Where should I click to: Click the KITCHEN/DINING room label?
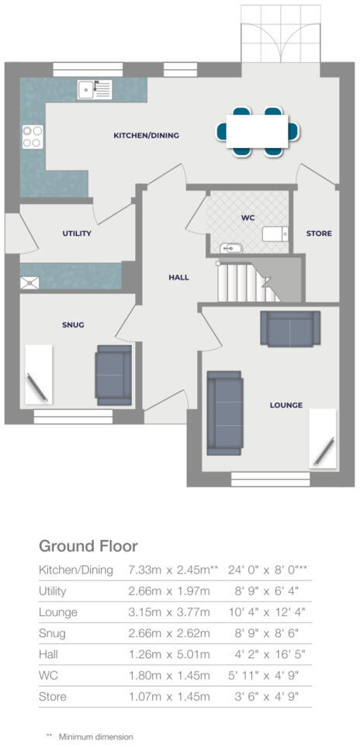coord(147,135)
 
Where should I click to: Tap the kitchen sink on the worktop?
coord(94,89)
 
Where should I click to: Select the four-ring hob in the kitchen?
coord(33,137)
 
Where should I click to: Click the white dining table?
coord(258,128)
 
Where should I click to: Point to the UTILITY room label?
coord(77,233)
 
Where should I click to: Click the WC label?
coord(248,218)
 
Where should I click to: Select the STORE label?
coord(318,233)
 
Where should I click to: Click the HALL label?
coord(178,277)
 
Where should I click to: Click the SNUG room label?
coord(74,324)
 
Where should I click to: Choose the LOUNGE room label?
coord(286,404)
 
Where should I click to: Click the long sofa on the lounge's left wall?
coord(225,412)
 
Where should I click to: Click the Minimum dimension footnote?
coord(95,736)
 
